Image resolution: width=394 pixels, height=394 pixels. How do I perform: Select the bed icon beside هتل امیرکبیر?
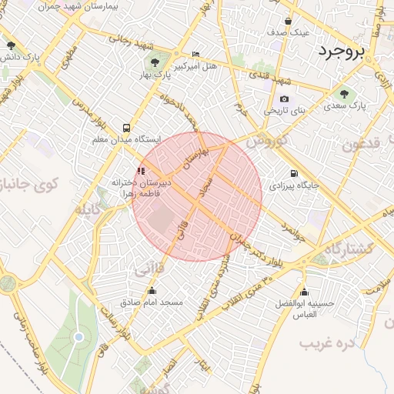[x=195, y=54]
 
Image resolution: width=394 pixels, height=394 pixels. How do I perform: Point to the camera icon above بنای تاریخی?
[x=285, y=98]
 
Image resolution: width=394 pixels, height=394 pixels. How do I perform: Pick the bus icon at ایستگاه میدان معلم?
[x=125, y=128]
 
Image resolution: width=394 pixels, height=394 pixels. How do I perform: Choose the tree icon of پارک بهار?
[x=156, y=62]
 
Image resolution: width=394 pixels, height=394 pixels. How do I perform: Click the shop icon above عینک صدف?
[x=288, y=21]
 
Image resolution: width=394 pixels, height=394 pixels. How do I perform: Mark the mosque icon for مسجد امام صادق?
[x=152, y=291]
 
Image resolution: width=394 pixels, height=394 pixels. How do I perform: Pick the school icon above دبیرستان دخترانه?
[x=141, y=171]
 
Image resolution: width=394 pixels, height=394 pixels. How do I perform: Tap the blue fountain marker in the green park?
[x=78, y=337]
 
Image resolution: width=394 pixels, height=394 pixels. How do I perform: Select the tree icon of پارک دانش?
[x=10, y=45]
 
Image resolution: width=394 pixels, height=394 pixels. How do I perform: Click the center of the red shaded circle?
[x=197, y=196]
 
